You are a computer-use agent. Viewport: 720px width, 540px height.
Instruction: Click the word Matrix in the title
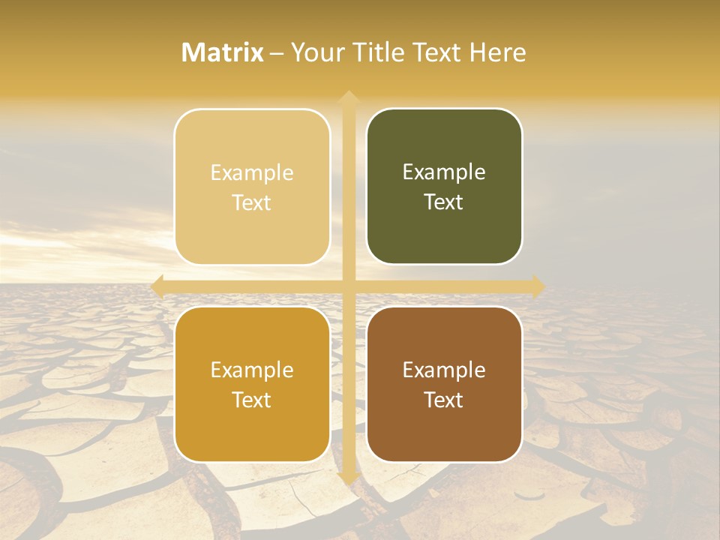coord(223,52)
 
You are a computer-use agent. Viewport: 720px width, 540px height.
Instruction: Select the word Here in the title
coord(497,52)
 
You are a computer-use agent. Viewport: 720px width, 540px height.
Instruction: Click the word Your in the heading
coord(316,52)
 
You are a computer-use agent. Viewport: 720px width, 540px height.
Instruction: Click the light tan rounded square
coord(252,187)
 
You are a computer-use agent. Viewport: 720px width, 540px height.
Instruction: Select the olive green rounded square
coord(444,187)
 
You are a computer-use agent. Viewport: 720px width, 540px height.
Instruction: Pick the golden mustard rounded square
coord(252,384)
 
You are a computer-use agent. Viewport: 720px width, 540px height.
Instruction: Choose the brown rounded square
coord(444,384)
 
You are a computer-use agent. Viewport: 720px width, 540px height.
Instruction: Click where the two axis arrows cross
coord(348,286)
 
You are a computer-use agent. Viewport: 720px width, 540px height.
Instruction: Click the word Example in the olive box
coord(444,172)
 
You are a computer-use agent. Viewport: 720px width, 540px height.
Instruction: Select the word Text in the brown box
coord(444,400)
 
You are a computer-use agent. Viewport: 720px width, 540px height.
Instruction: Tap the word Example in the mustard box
coord(252,370)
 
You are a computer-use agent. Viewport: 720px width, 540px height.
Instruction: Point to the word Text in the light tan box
coord(252,202)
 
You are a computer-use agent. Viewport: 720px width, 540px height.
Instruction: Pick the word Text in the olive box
coord(444,202)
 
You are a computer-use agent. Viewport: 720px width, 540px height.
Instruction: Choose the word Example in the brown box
coord(444,370)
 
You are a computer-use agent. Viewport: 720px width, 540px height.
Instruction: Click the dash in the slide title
coord(277,53)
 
